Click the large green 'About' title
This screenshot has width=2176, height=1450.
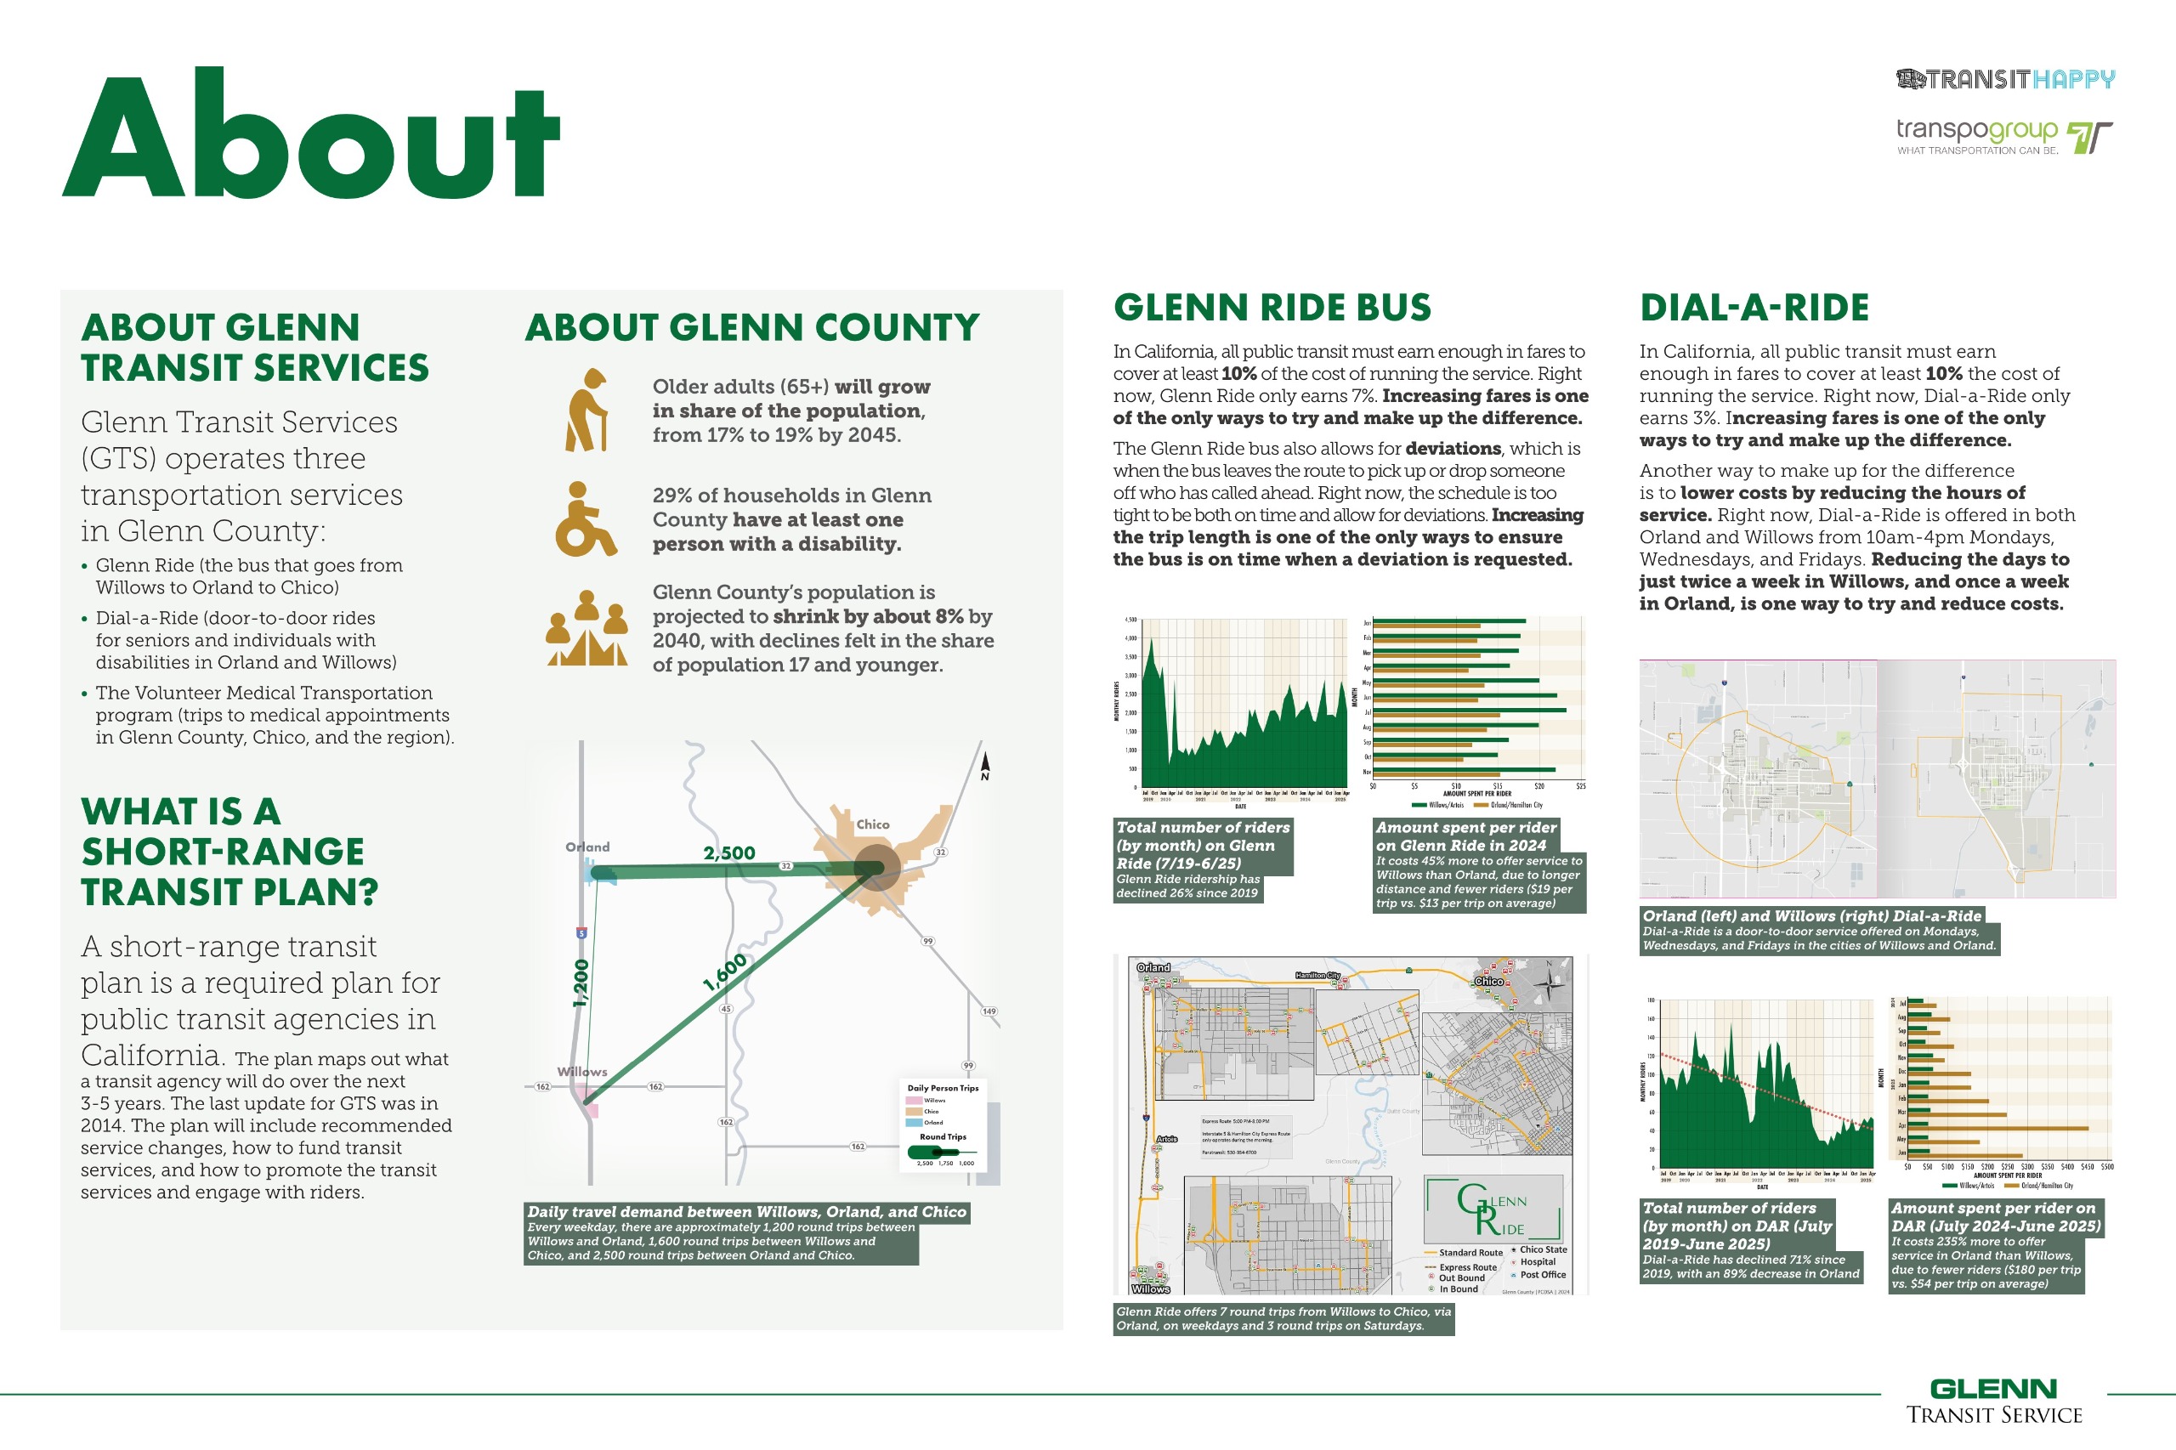(x=311, y=134)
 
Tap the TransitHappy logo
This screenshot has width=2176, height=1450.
(x=2005, y=80)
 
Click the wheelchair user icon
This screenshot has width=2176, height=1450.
(x=585, y=519)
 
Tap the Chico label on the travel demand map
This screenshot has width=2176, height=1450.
(x=872, y=824)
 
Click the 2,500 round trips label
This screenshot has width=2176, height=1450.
(x=728, y=852)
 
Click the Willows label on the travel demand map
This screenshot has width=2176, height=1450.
(x=581, y=1072)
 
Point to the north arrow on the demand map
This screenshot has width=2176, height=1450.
(x=985, y=766)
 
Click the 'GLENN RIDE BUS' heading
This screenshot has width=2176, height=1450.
(x=1272, y=308)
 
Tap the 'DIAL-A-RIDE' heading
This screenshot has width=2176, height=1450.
(x=1754, y=308)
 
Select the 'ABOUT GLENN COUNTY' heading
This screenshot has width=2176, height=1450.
(x=752, y=327)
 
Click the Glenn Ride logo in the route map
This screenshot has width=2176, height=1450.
(x=1493, y=1209)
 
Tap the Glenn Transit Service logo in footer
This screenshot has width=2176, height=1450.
(x=1994, y=1402)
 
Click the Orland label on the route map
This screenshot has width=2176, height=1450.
(x=1153, y=967)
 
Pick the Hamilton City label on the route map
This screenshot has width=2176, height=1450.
(x=1317, y=976)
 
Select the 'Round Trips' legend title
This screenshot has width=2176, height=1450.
(x=943, y=1136)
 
